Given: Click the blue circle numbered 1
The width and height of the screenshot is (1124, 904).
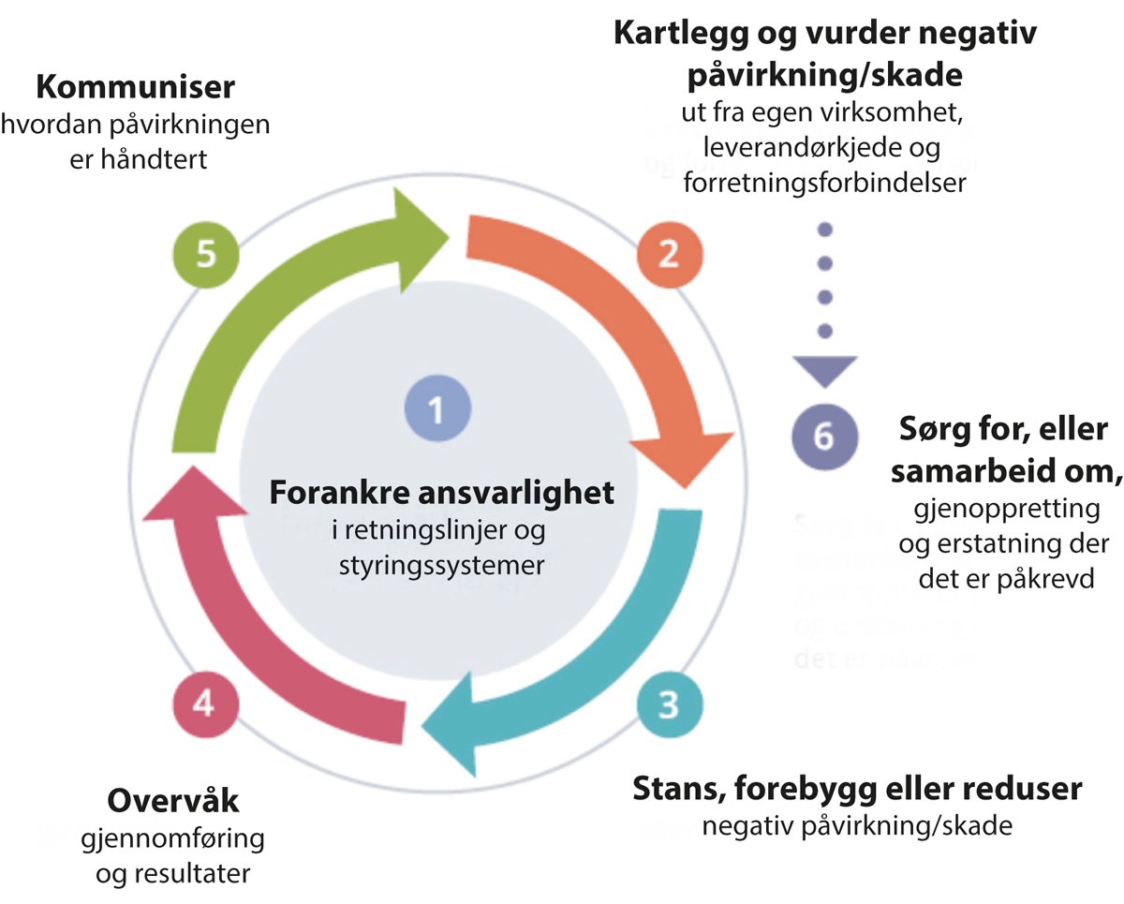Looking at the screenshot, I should pyautogui.click(x=436, y=408).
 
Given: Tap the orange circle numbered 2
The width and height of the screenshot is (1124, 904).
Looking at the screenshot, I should pyautogui.click(x=667, y=255).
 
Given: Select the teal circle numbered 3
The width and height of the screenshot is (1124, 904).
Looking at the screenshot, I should pyautogui.click(x=667, y=704).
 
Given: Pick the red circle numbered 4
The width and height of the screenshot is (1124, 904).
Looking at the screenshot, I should pyautogui.click(x=207, y=704).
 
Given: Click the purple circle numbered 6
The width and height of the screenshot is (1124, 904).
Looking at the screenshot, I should pyautogui.click(x=822, y=437).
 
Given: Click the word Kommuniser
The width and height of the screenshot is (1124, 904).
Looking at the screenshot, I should pyautogui.click(x=135, y=88).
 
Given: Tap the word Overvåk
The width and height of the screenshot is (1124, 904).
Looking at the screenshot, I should pyautogui.click(x=174, y=802).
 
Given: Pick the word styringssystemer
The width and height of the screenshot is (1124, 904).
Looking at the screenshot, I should pyautogui.click(x=436, y=567).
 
